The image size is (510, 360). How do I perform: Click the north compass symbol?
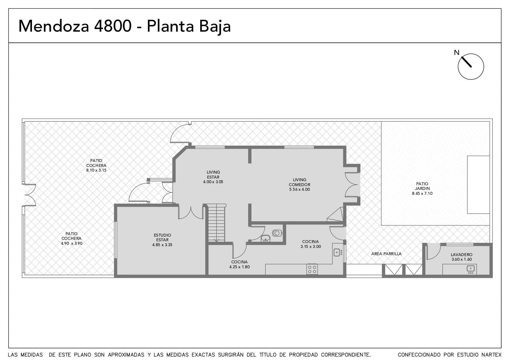pyautogui.click(x=471, y=66)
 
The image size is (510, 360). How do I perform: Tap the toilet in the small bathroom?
pyautogui.click(x=277, y=233)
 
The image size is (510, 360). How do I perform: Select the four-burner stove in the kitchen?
pyautogui.click(x=312, y=269)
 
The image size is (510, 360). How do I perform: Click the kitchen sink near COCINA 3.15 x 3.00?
pyautogui.click(x=337, y=252)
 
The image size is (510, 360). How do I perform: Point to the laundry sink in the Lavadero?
pyautogui.click(x=470, y=269)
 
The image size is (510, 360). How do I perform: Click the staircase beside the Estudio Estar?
pyautogui.click(x=216, y=223)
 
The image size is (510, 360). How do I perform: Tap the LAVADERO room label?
pyautogui.click(x=461, y=255)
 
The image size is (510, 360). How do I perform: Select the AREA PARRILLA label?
pyautogui.click(x=386, y=254)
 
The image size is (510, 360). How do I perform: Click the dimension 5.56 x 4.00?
pyautogui.click(x=299, y=189)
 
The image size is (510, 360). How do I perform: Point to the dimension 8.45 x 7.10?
pyautogui.click(x=422, y=193)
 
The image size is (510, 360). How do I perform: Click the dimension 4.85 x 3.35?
pyautogui.click(x=162, y=245)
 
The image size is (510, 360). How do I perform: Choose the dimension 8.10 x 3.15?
pyautogui.click(x=96, y=170)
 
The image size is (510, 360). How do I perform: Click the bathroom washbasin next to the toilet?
pyautogui.click(x=265, y=238)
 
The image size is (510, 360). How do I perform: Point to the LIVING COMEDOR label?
pyautogui.click(x=299, y=182)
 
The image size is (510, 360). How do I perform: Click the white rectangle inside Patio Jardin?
pyautogui.click(x=478, y=185)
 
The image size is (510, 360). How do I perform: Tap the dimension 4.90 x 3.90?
pyautogui.click(x=71, y=243)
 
